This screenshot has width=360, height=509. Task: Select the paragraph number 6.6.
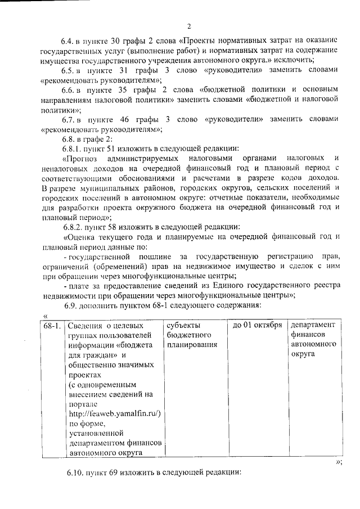(69, 90)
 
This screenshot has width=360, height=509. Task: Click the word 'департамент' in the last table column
(313, 326)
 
